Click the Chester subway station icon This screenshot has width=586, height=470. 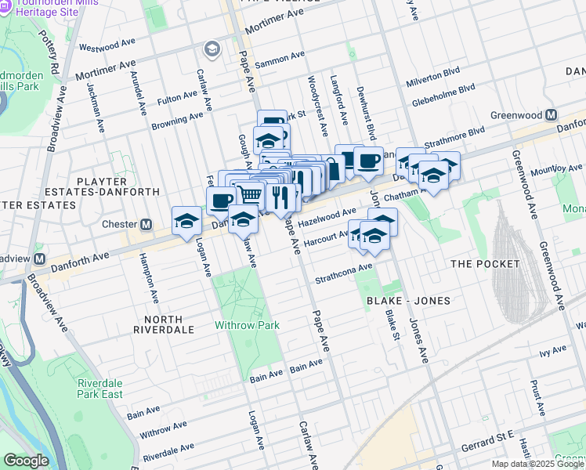point(146,225)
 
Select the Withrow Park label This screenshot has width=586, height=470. point(248,324)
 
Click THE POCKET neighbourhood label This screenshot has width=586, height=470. point(481,264)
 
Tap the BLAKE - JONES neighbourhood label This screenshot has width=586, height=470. point(399,299)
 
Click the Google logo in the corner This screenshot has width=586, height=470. point(26,461)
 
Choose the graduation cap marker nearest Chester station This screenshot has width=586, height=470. point(186,221)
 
